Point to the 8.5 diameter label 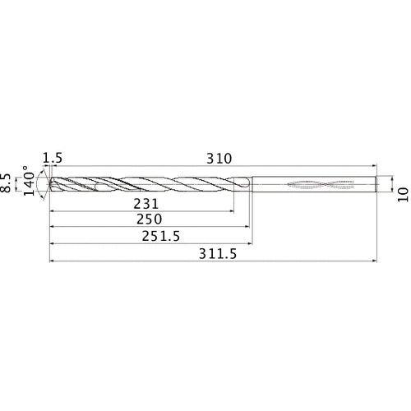(x=8, y=182)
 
